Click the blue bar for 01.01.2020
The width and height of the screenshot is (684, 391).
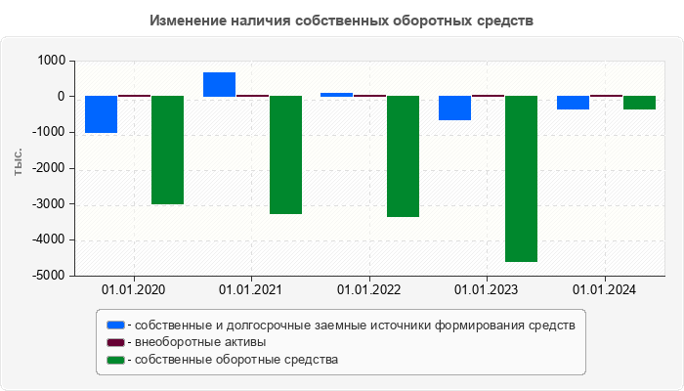(x=101, y=114)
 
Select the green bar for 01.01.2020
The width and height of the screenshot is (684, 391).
(x=167, y=150)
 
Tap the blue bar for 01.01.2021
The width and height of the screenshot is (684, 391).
(x=219, y=84)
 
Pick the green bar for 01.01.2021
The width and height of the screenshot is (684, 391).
(x=285, y=154)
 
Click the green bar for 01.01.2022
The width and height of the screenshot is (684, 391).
(x=403, y=156)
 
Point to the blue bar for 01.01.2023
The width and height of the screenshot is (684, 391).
(x=454, y=108)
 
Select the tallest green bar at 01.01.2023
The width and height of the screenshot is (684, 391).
(x=521, y=179)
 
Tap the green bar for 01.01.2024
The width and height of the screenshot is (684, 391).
(x=639, y=103)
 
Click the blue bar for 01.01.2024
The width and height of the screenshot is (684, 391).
(x=573, y=103)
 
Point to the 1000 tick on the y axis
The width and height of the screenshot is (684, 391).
(x=51, y=61)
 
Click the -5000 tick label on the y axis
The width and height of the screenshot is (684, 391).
(x=48, y=276)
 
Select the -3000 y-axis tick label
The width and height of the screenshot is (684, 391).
(x=48, y=204)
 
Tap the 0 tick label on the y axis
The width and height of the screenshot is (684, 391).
(x=61, y=97)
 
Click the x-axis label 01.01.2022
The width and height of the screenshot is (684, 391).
(x=368, y=290)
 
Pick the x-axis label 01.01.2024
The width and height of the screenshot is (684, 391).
(x=604, y=290)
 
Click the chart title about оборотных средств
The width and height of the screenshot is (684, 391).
(x=342, y=21)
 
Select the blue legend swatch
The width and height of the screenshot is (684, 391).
(x=116, y=325)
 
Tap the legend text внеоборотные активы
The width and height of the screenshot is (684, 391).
(x=200, y=342)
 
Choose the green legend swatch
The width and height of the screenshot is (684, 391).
(x=116, y=360)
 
